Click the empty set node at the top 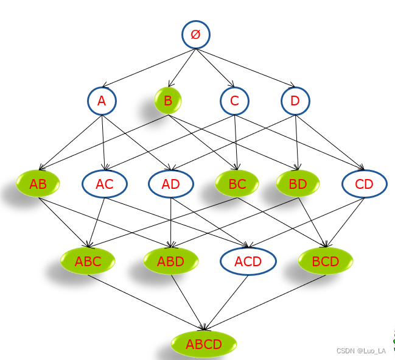(x=195, y=35)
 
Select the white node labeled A (x=102, y=101)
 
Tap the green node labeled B (x=168, y=101)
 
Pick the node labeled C (x=234, y=101)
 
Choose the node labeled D (x=295, y=101)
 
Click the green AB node (x=38, y=184)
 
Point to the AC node (x=104, y=184)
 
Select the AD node (x=170, y=184)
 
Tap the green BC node (x=237, y=183)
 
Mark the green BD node (x=298, y=183)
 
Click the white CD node (x=364, y=184)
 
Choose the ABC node (x=88, y=262)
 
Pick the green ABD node (x=170, y=262)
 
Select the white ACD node (x=248, y=262)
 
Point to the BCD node (x=326, y=262)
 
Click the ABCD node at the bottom (x=204, y=344)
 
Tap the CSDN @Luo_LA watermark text (x=361, y=351)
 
